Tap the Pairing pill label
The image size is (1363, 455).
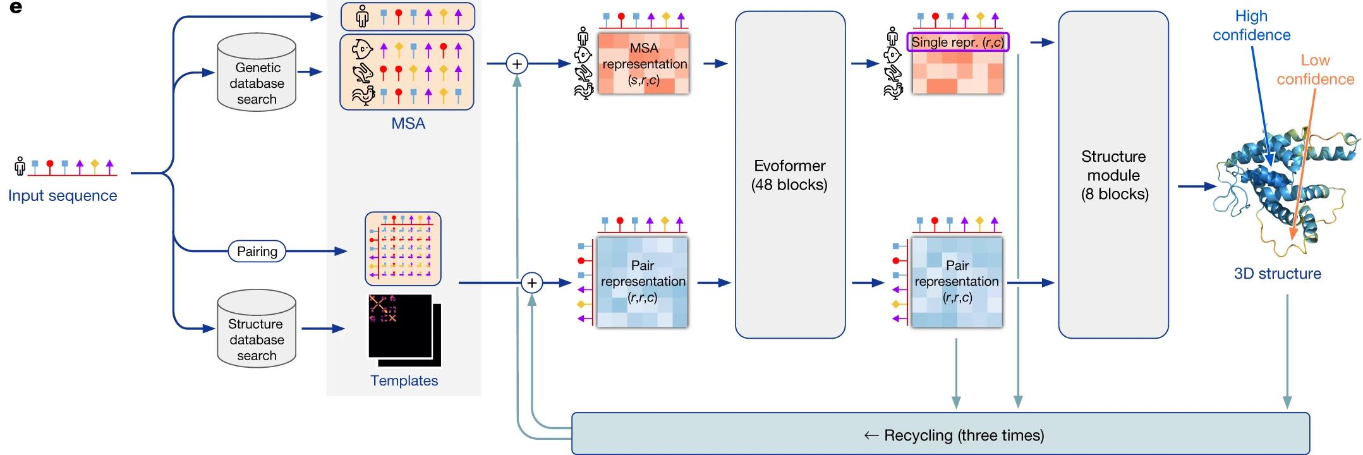[257, 252]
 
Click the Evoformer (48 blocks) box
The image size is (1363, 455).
[790, 175]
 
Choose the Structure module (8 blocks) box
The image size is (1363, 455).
[1113, 175]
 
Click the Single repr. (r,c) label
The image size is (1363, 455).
[958, 42]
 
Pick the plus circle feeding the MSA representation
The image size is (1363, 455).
[517, 64]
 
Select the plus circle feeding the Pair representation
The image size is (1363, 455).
[532, 283]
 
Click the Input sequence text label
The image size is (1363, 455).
[63, 196]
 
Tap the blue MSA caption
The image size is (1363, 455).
[408, 123]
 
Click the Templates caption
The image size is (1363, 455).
[404, 380]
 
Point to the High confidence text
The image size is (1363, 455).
[1251, 25]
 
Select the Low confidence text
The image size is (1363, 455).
[1316, 70]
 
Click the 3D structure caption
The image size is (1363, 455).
[1278, 274]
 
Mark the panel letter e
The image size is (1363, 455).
[16, 8]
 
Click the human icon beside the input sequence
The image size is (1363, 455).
[20, 166]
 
